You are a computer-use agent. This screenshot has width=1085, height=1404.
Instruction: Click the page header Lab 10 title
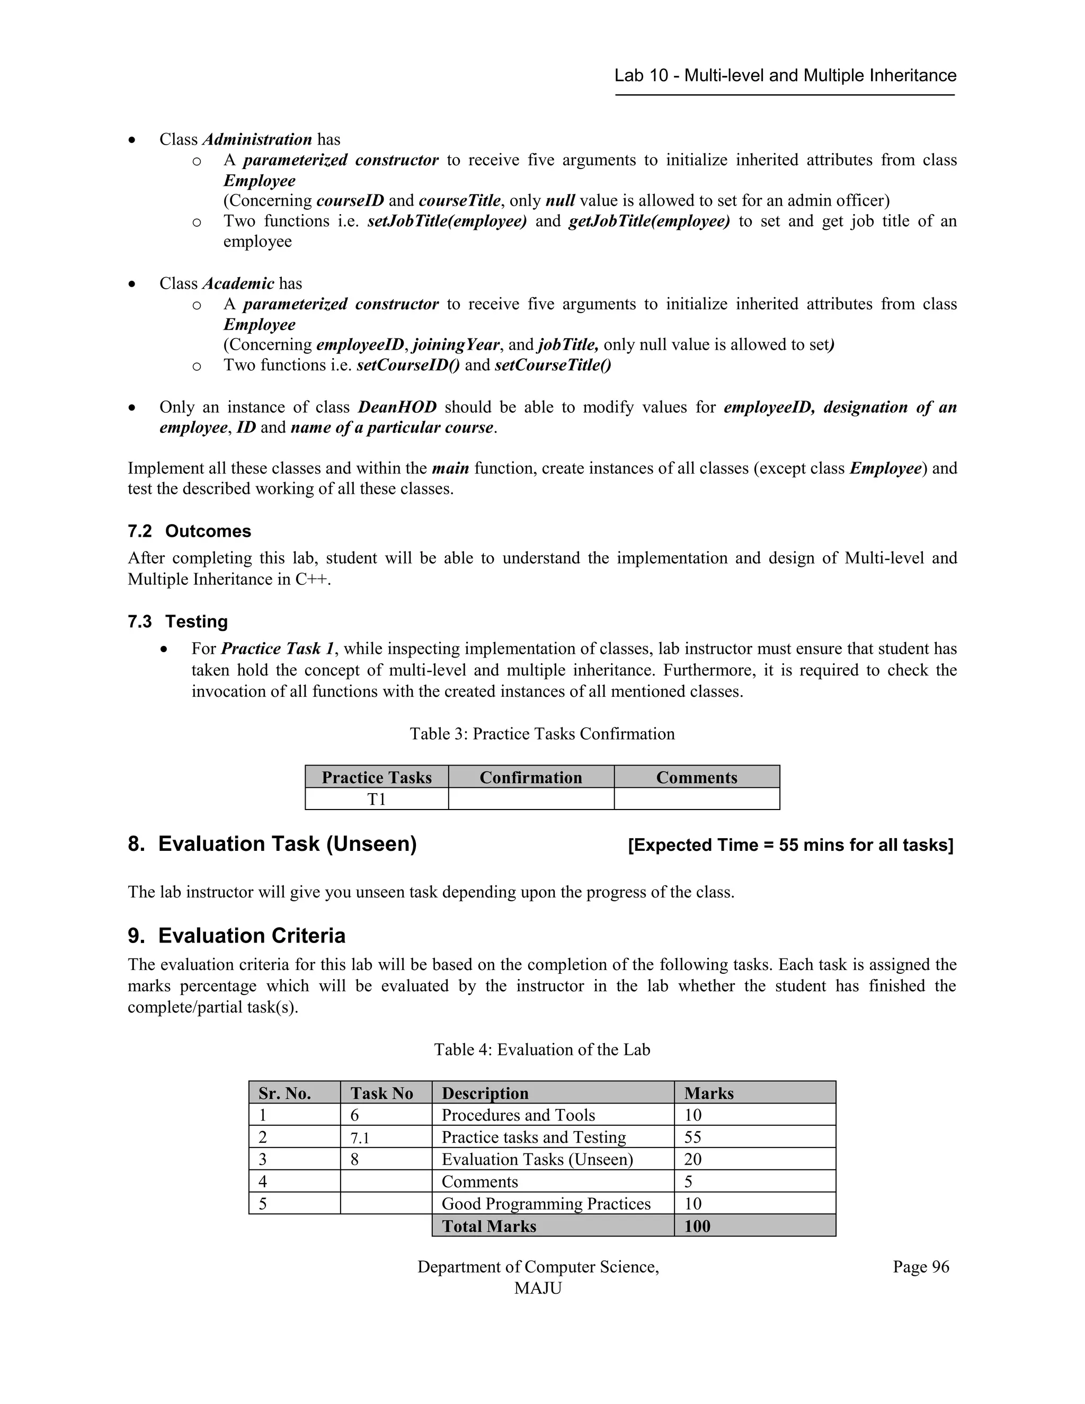[x=785, y=76]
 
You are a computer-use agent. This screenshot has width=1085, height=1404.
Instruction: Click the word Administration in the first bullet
[x=257, y=139]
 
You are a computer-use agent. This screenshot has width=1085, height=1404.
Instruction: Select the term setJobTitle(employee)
[x=447, y=221]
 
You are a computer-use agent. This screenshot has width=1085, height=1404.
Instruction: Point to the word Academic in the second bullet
[x=238, y=283]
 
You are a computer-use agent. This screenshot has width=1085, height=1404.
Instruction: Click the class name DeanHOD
[x=397, y=407]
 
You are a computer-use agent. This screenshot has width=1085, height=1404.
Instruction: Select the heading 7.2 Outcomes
[x=189, y=531]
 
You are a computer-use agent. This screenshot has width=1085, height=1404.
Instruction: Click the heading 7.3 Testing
[x=177, y=621]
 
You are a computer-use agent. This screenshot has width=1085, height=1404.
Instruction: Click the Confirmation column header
[x=530, y=777]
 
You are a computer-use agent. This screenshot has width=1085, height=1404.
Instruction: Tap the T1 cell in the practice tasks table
[x=376, y=799]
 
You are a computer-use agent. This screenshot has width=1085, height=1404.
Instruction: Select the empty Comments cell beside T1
[x=696, y=799]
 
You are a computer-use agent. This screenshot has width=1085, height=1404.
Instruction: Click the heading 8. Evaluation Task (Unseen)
[x=272, y=843]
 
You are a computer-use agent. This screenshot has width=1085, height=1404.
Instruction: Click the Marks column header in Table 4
[x=708, y=1093]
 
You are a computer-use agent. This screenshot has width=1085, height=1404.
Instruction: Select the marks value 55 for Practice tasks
[x=692, y=1137]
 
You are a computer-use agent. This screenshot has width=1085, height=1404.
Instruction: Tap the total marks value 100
[x=697, y=1226]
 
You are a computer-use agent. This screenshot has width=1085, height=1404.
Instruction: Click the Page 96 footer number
[x=920, y=1266]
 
